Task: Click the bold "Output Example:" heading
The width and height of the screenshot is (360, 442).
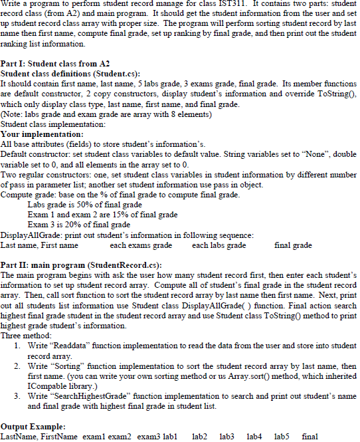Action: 33,425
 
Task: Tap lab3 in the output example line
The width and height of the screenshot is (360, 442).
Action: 227,435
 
